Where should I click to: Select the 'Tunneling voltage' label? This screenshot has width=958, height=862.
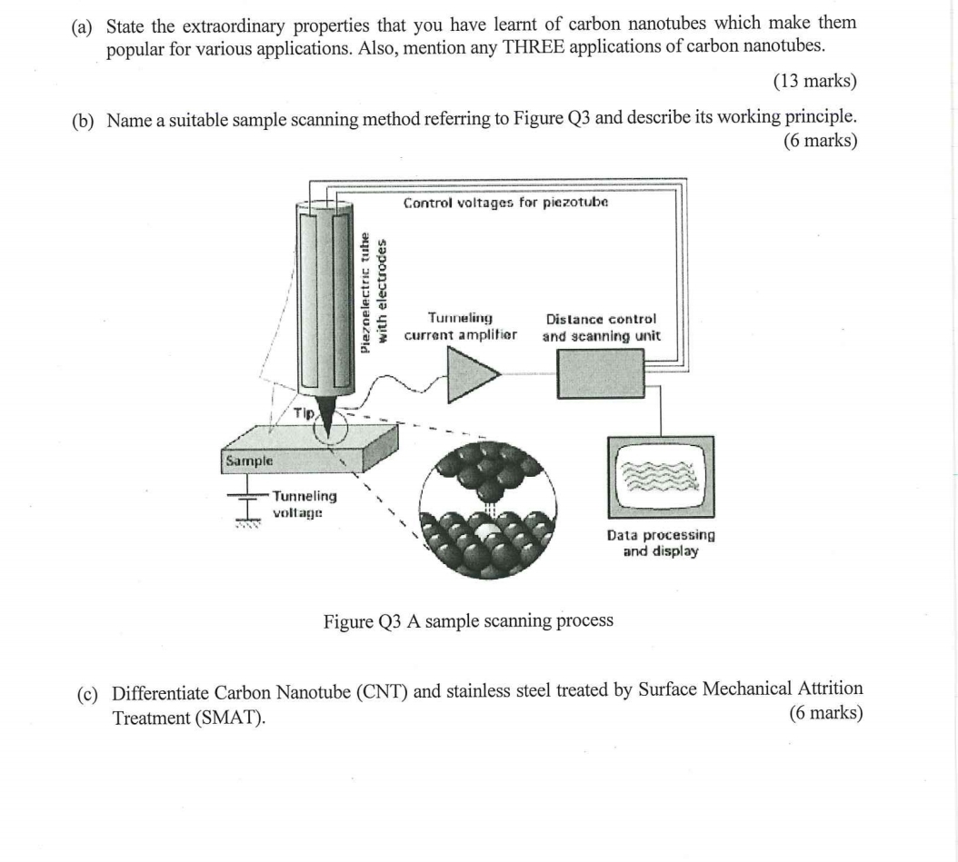[304, 504]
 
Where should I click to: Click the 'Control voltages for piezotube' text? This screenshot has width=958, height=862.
[505, 202]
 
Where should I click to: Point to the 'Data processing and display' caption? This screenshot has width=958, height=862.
[661, 543]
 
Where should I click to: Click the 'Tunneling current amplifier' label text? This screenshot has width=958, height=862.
[460, 326]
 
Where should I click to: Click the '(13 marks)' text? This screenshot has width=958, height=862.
[814, 82]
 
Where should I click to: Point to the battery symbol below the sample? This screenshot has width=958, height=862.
[243, 508]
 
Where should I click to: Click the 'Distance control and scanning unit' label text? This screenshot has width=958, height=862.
[601, 327]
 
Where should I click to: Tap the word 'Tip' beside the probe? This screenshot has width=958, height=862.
[304, 412]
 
